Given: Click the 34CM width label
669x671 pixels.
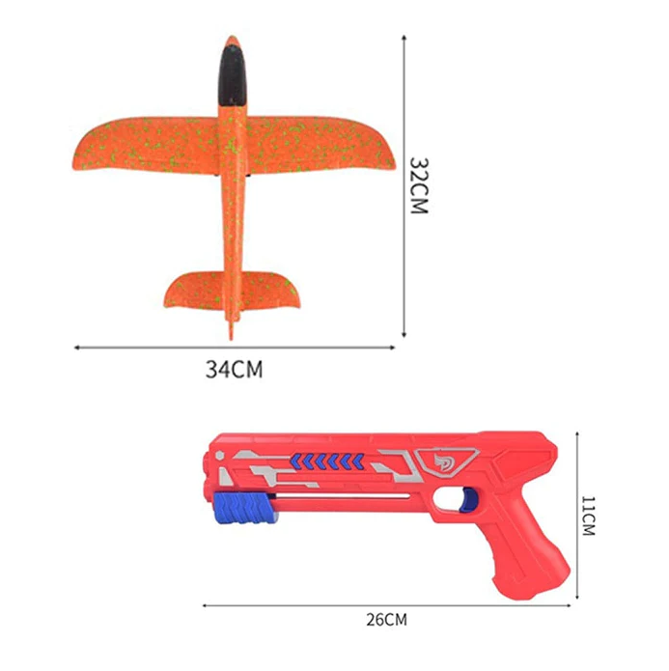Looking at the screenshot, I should [235, 368].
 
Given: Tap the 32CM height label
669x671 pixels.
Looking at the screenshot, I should [417, 185].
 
